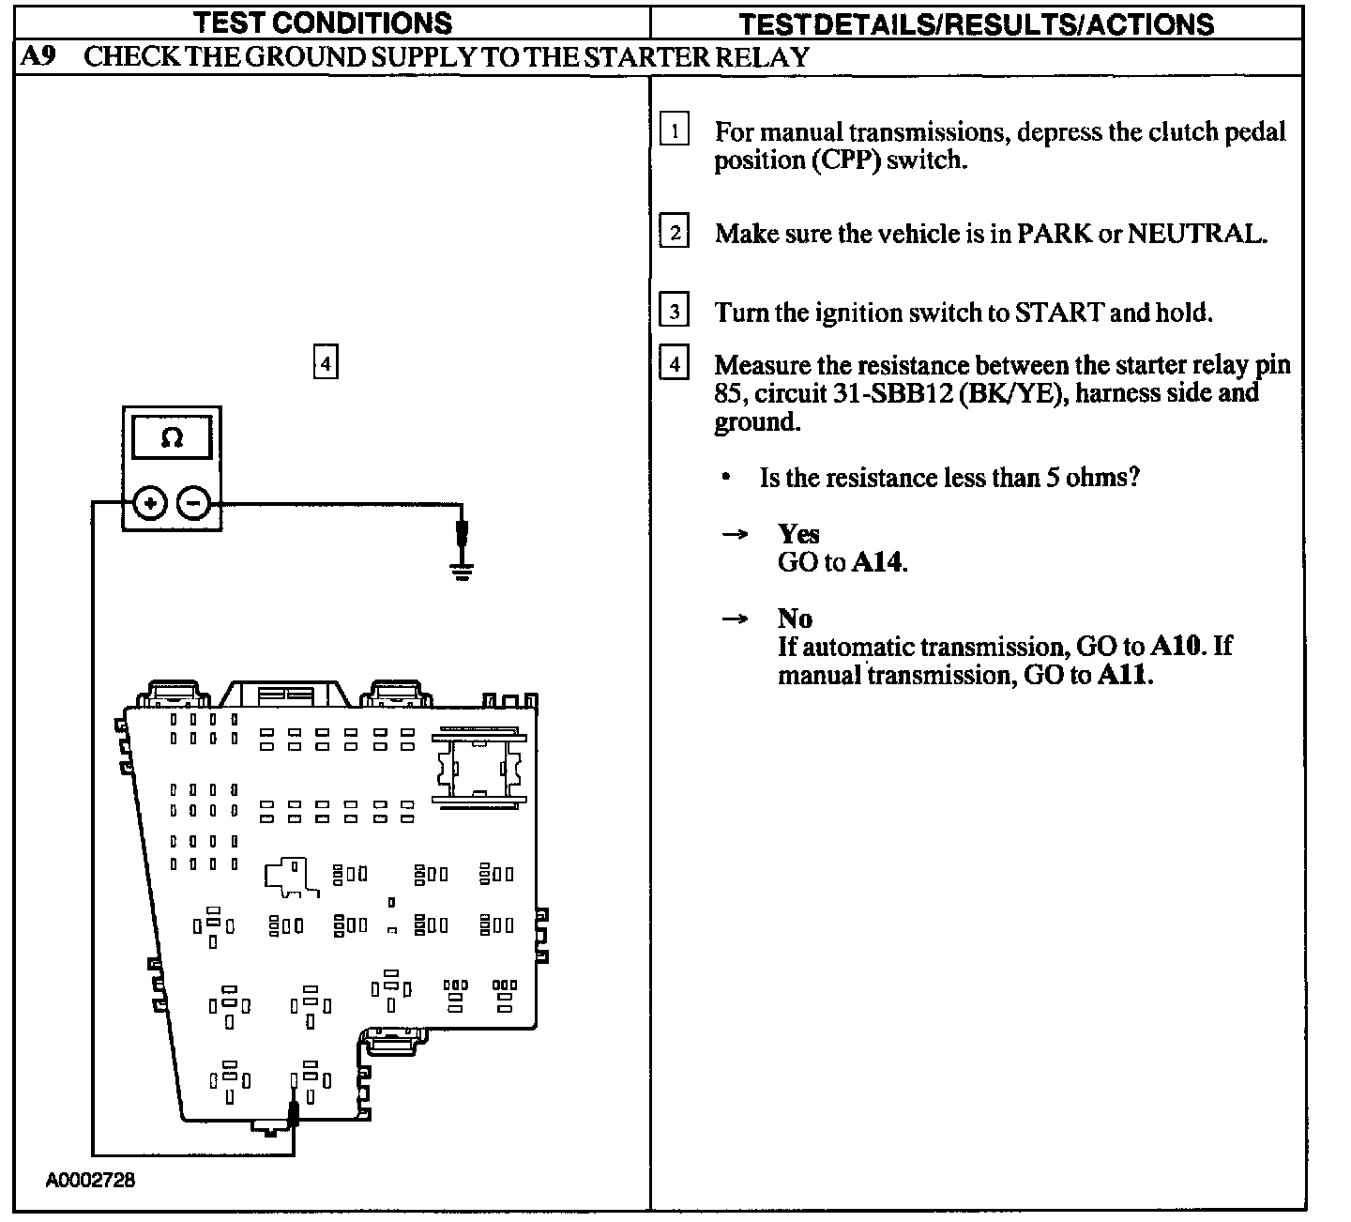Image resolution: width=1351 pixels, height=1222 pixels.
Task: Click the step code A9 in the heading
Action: tap(38, 56)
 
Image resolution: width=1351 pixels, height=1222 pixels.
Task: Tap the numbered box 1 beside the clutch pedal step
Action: tap(674, 130)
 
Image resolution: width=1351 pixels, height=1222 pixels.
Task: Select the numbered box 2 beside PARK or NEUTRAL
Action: tap(674, 231)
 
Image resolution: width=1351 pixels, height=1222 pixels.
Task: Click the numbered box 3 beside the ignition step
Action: tap(674, 310)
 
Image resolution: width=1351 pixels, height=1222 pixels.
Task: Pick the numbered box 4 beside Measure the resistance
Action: tap(674, 362)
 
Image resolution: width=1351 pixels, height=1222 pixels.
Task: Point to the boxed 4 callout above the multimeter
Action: tap(325, 362)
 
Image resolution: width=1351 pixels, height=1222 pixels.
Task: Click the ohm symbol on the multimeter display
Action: tap(172, 438)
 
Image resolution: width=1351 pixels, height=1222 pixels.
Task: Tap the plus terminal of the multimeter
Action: tap(150, 504)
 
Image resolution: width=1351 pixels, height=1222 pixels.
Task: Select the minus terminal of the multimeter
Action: tap(193, 504)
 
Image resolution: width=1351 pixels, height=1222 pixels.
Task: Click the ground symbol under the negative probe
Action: tap(461, 570)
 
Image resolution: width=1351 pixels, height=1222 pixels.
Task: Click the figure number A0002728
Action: tap(90, 1180)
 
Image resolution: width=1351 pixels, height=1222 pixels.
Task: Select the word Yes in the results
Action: tap(798, 534)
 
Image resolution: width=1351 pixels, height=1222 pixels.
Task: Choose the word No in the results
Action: tap(795, 619)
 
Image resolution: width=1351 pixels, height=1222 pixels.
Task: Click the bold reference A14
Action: tap(879, 562)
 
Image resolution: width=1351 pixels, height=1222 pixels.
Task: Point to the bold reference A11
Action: tap(1123, 675)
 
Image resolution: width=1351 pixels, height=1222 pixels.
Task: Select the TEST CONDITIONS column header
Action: tap(323, 23)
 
